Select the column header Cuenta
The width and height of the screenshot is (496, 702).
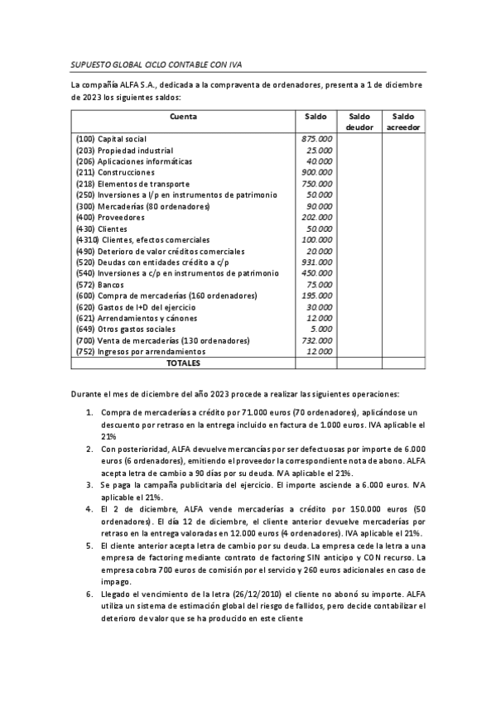pyautogui.click(x=183, y=117)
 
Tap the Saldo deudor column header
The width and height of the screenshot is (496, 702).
pyautogui.click(x=359, y=122)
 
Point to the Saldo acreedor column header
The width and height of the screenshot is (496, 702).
pyautogui.click(x=403, y=122)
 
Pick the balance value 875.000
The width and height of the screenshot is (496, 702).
pyautogui.click(x=316, y=139)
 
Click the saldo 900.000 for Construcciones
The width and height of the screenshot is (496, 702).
pyautogui.click(x=316, y=172)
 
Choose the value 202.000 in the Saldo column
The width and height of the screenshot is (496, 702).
pyautogui.click(x=316, y=217)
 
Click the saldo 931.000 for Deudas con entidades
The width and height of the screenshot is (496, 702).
pyautogui.click(x=316, y=262)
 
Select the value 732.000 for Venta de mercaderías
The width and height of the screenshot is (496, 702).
pyautogui.click(x=316, y=340)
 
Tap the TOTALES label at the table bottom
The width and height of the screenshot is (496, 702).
pyautogui.click(x=183, y=363)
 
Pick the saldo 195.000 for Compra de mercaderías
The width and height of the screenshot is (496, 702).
pyautogui.click(x=316, y=296)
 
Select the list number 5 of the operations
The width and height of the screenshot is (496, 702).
pyautogui.click(x=89, y=549)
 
